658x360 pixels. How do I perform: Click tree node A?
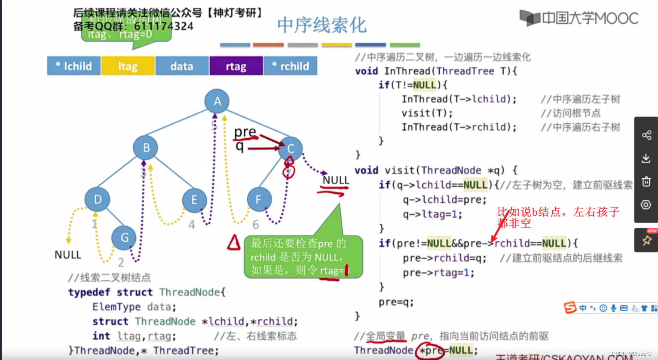217,101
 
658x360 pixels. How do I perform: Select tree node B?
146,148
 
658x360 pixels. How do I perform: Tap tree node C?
290,149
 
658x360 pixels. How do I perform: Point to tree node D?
98,199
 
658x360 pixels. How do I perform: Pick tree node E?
194,200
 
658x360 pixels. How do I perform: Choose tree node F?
259,200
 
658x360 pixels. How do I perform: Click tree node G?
124,238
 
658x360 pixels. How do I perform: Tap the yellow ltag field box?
128,66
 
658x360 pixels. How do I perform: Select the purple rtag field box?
236,66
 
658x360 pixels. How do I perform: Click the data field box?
182,66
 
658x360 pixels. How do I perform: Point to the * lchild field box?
73,66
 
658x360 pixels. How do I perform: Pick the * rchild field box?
290,66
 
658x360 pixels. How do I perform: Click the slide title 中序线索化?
321,25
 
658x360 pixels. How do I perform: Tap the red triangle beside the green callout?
234,243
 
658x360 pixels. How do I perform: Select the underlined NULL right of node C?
336,180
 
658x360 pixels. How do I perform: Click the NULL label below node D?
68,255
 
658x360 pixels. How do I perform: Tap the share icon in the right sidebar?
646,136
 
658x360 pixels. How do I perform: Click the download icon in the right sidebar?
646,159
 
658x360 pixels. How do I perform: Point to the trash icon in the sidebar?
646,182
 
